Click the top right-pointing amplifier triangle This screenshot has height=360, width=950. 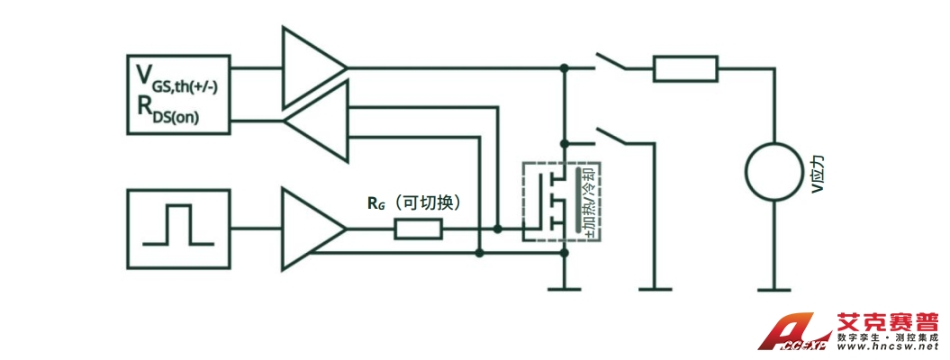pos(312,67)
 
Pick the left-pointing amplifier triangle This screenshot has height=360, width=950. pos(316,121)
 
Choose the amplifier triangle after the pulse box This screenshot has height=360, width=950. pos(312,229)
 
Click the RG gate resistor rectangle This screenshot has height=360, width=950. pos(418,229)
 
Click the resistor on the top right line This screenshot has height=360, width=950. pos(685,68)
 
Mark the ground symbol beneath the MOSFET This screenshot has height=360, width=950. pos(565,289)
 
